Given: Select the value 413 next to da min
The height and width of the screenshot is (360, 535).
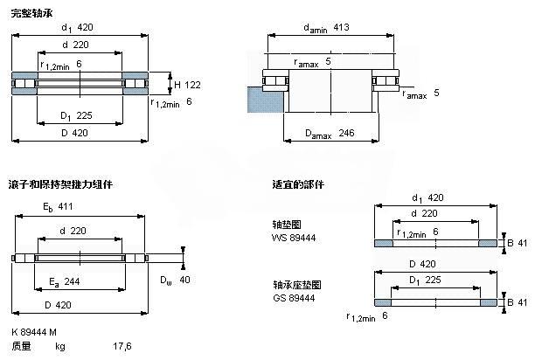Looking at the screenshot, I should [342, 28].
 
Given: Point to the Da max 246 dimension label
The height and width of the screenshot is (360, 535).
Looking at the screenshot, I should [330, 134].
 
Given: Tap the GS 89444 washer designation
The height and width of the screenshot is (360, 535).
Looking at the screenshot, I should [294, 298].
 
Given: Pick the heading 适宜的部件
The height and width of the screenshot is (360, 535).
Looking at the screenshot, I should [297, 184].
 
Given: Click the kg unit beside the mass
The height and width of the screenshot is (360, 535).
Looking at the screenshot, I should [60, 346].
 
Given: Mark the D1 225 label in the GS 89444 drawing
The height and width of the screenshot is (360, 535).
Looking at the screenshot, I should [426, 280].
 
